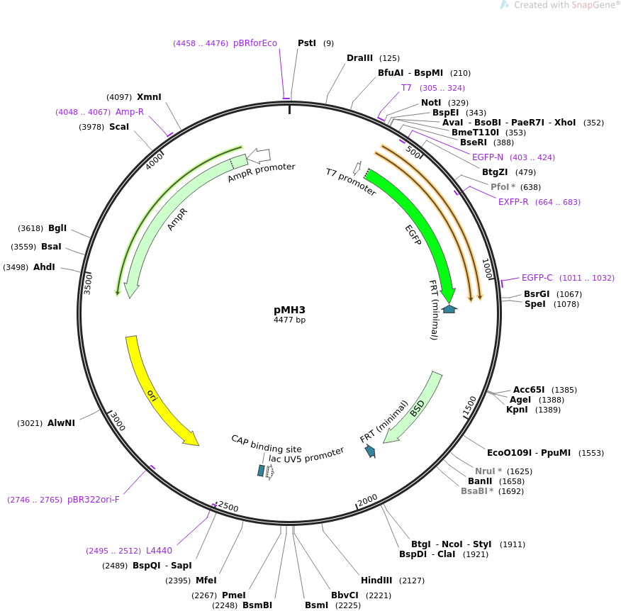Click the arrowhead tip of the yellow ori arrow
[198, 445]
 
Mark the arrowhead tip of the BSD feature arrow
[384, 442]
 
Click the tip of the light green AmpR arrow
[130, 298]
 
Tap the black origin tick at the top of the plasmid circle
[289, 109]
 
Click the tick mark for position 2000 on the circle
[357, 506]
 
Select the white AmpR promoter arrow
[259, 156]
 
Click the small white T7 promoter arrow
[357, 168]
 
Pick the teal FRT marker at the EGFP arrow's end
[449, 309]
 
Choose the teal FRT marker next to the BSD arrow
[370, 451]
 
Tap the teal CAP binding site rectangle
[261, 471]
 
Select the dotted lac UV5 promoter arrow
[270, 471]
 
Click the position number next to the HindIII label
[411, 581]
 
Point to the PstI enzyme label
[307, 43]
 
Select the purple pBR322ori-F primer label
[94, 499]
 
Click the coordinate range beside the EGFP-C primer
[586, 278]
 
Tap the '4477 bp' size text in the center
[289, 320]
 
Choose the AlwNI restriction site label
[62, 423]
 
